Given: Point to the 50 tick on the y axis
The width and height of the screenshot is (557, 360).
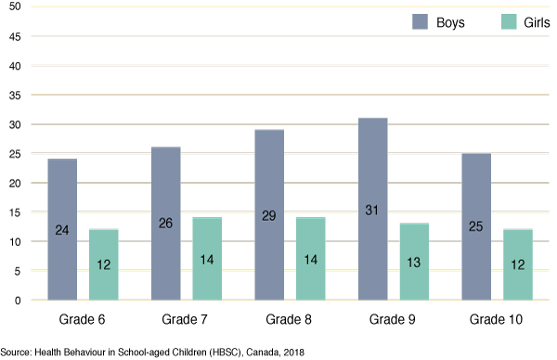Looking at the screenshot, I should (14, 8).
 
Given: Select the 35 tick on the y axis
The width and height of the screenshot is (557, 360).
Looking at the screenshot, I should (14, 96).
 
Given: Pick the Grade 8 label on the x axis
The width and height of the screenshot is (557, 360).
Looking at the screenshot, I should (291, 320).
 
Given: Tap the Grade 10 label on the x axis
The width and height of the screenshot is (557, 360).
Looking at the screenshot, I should (497, 320).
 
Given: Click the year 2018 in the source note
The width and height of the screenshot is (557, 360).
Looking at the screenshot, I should (292, 353).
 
